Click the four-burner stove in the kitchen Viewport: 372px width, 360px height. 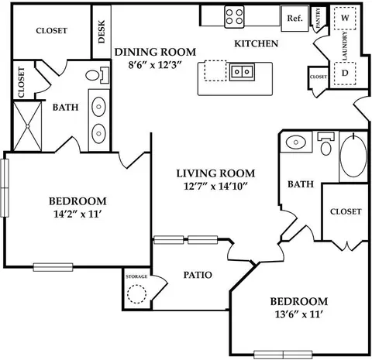coord(234,16)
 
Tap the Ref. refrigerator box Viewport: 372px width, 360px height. coord(294,19)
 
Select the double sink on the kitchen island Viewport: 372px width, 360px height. coord(242,71)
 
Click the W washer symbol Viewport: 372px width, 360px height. coord(345,18)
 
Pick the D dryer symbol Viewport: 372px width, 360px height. coord(345,74)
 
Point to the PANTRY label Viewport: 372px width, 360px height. coord(318,18)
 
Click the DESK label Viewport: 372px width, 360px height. coord(102,32)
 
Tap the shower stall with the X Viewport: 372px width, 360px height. coord(27,126)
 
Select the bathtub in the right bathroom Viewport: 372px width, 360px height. coord(353,156)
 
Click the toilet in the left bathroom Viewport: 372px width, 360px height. coord(98,75)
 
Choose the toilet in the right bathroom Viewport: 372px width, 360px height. coord(325,144)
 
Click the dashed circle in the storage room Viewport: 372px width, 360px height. coord(136,294)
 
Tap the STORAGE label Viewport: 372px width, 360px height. coord(136,276)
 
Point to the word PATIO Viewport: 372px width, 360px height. coord(198,275)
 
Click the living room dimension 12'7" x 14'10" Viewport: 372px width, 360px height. coord(215,186)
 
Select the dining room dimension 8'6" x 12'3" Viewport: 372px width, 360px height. coord(156,65)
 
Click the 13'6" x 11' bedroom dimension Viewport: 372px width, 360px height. coord(299,314)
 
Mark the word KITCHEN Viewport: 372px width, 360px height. coord(257,43)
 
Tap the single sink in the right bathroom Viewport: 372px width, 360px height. coord(296,142)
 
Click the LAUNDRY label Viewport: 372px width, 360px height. coord(345,46)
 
